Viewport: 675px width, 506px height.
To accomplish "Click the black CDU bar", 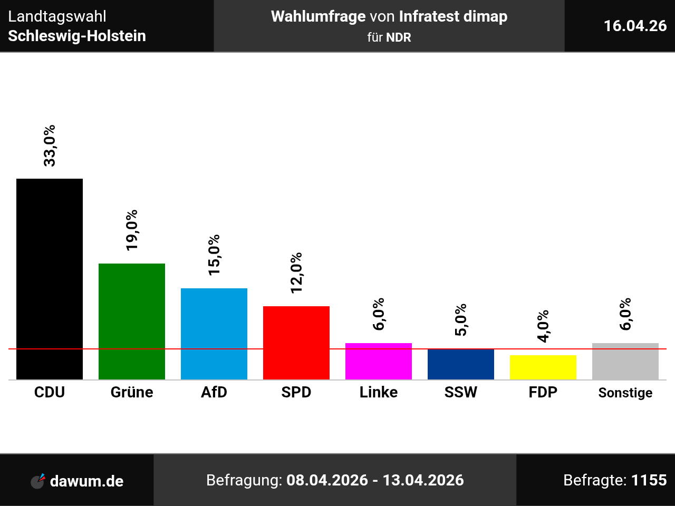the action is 50,279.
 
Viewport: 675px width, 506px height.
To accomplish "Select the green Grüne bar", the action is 132,322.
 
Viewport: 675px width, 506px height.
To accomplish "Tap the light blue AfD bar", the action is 214,334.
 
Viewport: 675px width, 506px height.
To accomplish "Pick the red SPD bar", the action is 296,343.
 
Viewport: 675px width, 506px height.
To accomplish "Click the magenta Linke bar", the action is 379,361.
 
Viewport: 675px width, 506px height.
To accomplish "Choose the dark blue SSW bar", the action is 461,364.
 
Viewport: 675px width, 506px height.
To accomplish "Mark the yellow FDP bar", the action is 543,367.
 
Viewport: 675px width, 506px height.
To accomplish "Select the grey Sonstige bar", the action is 625,361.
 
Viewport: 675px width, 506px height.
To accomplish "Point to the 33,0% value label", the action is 50,145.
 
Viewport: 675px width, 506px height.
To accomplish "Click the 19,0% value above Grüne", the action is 132,230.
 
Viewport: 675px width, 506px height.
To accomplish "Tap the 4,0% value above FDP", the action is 543,326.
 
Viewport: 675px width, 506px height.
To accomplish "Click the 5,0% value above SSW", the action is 461,320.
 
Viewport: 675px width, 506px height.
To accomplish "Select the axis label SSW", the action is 461,392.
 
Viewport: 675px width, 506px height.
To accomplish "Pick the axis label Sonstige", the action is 625,393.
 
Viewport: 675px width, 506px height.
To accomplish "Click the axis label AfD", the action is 214,392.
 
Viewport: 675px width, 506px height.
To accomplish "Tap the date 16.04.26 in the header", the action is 635,26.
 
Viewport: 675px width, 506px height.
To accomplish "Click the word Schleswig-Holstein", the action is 77,36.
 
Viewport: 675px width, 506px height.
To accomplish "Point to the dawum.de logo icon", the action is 38,481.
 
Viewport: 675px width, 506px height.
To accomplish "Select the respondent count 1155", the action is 649,480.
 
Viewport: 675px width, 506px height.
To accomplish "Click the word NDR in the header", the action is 399,37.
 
